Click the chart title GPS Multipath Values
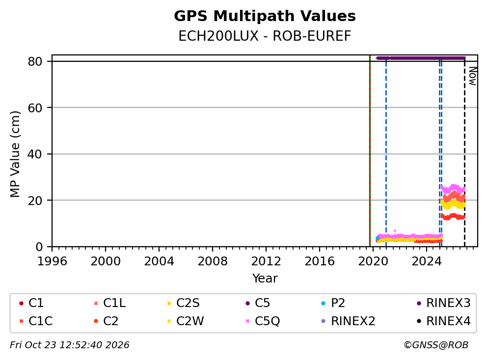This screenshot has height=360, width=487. click(x=265, y=16)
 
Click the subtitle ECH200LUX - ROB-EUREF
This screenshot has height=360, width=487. click(x=265, y=36)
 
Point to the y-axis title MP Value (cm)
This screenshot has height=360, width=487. click(x=15, y=154)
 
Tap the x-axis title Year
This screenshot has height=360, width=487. click(x=265, y=279)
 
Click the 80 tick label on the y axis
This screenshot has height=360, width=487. click(x=35, y=61)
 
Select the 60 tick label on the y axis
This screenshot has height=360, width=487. click(x=35, y=108)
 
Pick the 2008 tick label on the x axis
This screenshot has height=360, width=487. click(x=213, y=261)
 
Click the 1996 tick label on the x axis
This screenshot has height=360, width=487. click(x=52, y=261)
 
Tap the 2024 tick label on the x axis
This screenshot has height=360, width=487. click(x=427, y=261)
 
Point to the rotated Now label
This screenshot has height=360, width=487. click(x=472, y=76)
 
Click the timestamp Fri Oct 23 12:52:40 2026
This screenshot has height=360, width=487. click(x=70, y=345)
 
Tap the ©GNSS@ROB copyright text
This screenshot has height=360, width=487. click(x=436, y=345)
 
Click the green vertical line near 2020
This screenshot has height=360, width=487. click(x=370, y=151)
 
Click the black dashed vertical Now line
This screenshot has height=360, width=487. click(x=464, y=152)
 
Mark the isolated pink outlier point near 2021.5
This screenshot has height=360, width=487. click(x=395, y=231)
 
